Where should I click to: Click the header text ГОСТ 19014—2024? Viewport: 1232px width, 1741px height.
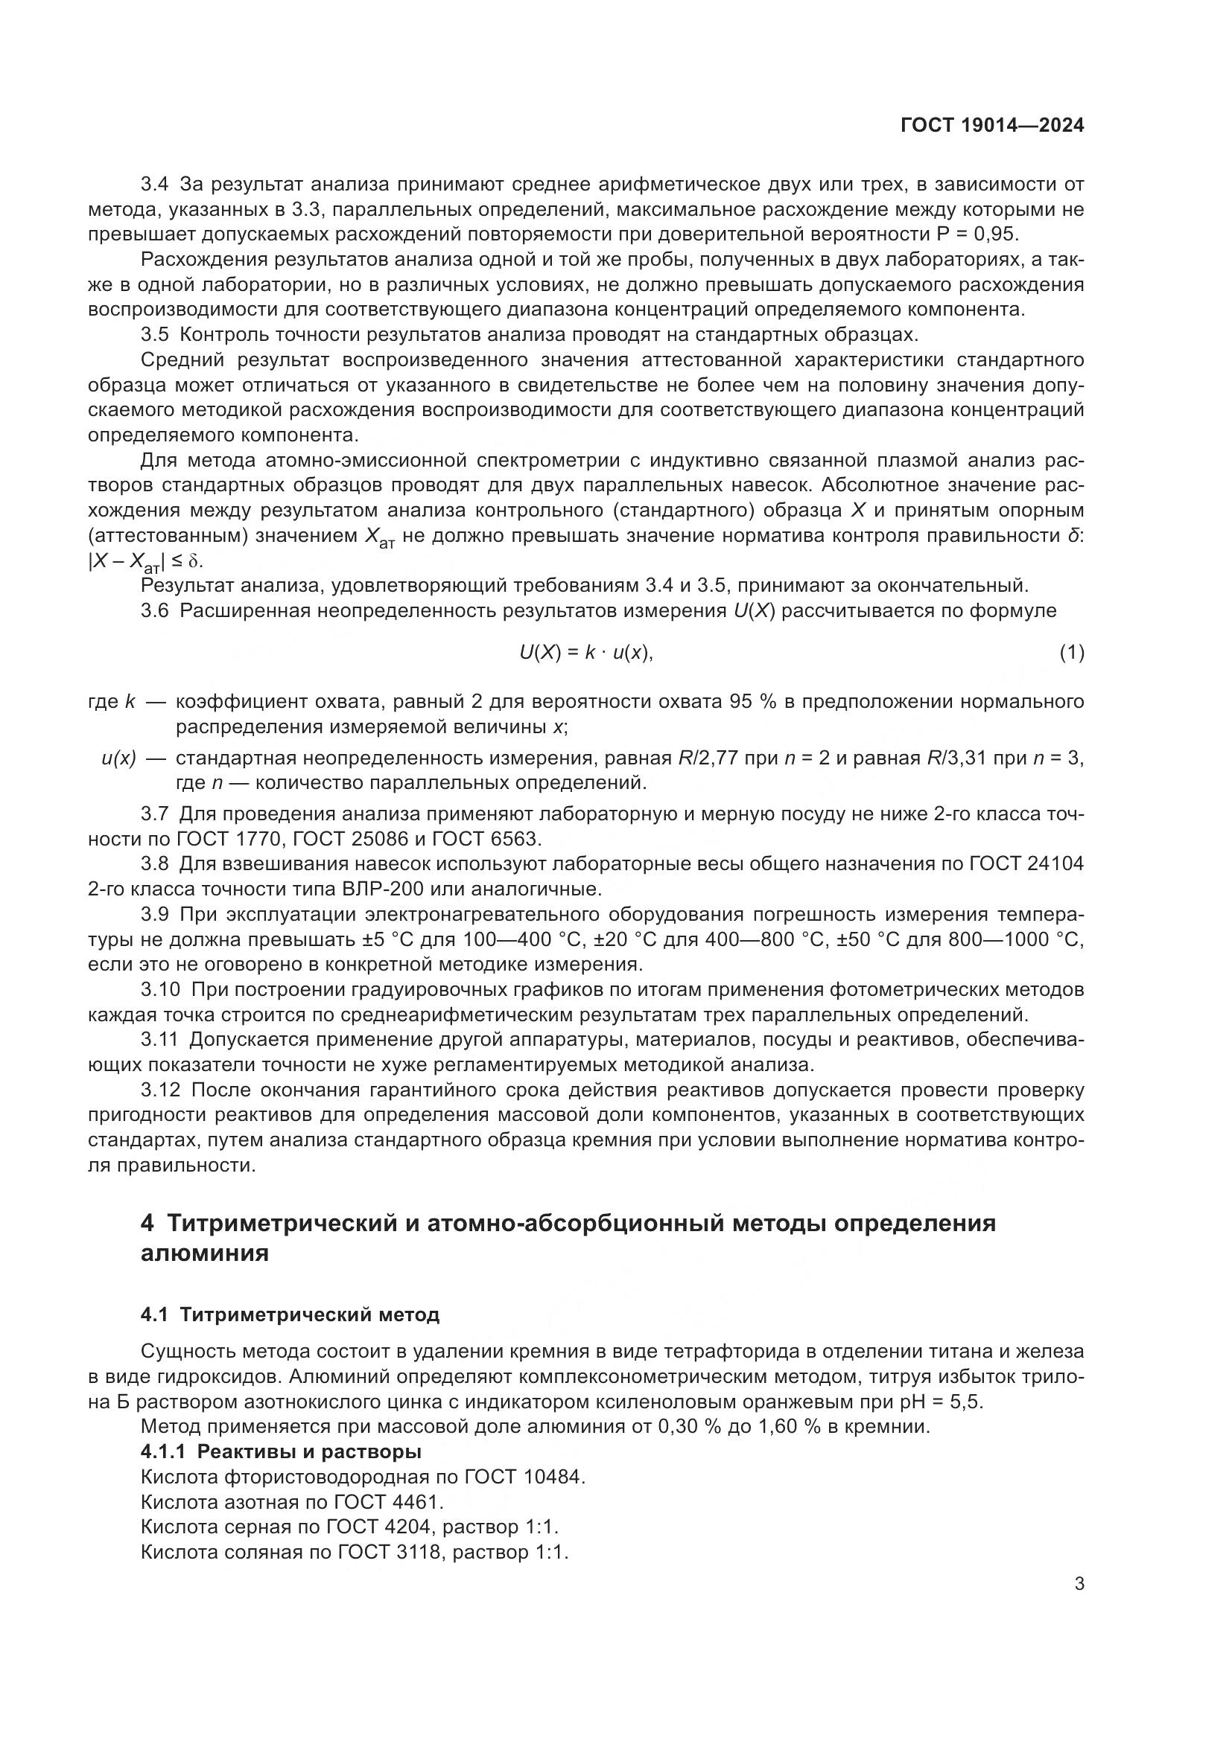pyautogui.click(x=992, y=126)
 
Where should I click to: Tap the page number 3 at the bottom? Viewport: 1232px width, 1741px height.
pyautogui.click(x=1079, y=1584)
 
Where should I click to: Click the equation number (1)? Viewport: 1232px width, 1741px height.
pyautogui.click(x=1071, y=652)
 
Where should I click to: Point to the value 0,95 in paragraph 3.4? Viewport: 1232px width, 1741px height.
pyautogui.click(x=995, y=234)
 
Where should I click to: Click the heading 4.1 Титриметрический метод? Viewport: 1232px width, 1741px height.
pyautogui.click(x=290, y=1314)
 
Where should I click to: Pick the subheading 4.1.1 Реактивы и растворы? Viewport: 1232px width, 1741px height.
pyautogui.click(x=281, y=1452)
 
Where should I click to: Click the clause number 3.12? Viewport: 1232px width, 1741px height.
pyautogui.click(x=160, y=1090)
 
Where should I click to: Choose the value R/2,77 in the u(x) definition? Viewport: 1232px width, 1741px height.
pyautogui.click(x=705, y=758)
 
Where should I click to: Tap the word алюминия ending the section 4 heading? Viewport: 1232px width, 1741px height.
pyautogui.click(x=205, y=1253)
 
